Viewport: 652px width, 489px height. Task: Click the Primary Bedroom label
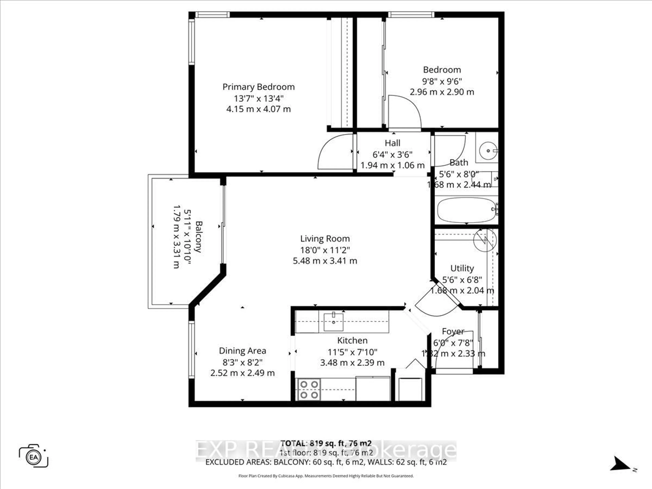(258, 87)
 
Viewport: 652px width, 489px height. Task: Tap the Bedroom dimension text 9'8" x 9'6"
(442, 81)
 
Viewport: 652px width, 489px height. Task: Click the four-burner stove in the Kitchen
(309, 389)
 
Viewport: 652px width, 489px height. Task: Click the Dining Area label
(242, 351)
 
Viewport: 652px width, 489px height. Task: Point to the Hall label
(392, 143)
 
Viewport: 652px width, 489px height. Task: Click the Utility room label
(462, 268)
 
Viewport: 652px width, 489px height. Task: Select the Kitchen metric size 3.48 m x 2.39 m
(352, 363)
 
